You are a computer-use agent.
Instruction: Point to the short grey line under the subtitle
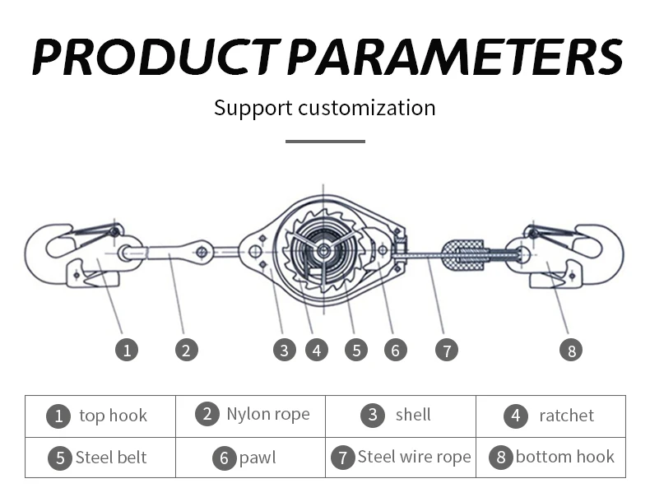pyautogui.click(x=325, y=142)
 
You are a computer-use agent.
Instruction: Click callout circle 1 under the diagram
pyautogui.click(x=126, y=350)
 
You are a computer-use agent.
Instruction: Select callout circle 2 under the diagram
pyautogui.click(x=187, y=350)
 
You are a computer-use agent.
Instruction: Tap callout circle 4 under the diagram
pyautogui.click(x=317, y=350)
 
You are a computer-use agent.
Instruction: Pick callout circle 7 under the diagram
pyautogui.click(x=446, y=350)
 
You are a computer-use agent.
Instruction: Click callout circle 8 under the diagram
pyautogui.click(x=570, y=350)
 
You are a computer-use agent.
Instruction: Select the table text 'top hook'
pyautogui.click(x=113, y=416)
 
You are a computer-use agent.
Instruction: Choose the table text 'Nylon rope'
pyautogui.click(x=268, y=414)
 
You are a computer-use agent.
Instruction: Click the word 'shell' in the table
pyautogui.click(x=413, y=415)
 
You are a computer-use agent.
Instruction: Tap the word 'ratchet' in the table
pyautogui.click(x=566, y=416)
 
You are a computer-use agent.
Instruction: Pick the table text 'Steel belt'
pyautogui.click(x=111, y=458)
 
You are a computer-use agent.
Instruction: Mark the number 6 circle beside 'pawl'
pyautogui.click(x=224, y=458)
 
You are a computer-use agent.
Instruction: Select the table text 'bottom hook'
pyautogui.click(x=564, y=457)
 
